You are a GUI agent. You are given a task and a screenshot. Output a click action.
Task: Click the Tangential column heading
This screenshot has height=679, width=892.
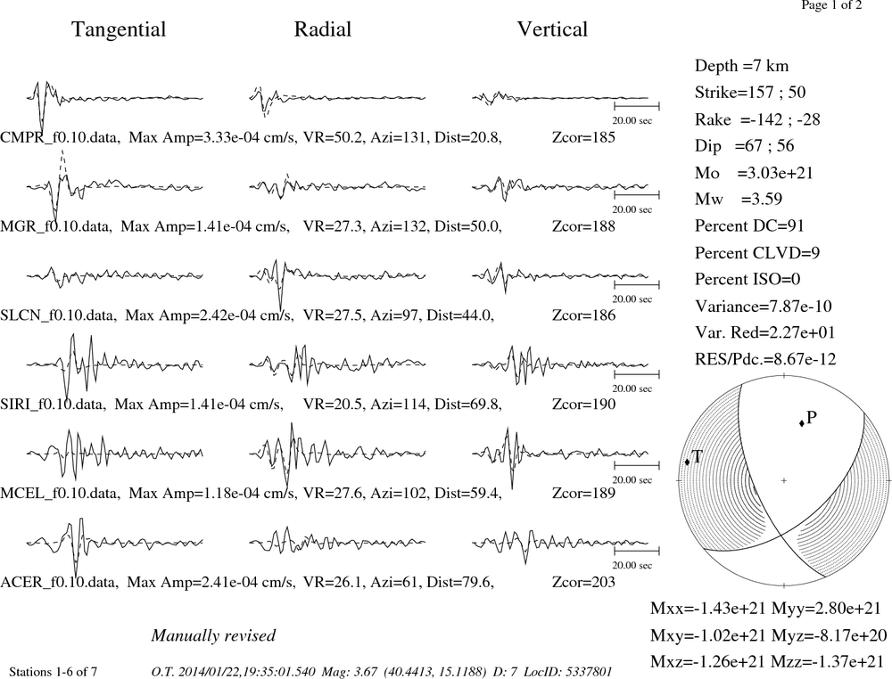[119, 29]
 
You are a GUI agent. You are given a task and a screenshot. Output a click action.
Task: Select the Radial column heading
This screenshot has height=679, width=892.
[323, 29]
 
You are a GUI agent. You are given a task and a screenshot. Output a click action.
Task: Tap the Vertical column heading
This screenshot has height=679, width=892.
[552, 29]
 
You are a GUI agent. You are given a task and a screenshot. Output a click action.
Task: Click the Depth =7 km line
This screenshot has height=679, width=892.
[741, 66]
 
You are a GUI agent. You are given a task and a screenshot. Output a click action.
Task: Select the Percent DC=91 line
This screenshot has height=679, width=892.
[749, 225]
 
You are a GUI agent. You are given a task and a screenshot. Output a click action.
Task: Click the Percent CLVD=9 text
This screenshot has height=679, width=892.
[757, 252]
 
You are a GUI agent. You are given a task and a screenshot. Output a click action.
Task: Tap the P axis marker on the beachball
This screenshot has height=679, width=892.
[802, 422]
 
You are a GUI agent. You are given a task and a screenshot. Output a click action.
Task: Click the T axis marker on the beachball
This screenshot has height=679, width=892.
[687, 462]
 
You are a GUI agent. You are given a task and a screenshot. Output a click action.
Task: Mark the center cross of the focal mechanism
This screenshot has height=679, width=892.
[784, 480]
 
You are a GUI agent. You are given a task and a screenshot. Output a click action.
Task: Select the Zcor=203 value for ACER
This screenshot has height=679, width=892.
[583, 582]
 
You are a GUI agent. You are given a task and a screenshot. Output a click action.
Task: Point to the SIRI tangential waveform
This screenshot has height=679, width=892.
[114, 364]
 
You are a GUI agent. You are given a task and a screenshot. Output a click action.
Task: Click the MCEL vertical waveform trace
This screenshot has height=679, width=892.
[560, 454]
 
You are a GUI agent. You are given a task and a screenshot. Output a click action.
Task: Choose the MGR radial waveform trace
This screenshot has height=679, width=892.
[337, 186]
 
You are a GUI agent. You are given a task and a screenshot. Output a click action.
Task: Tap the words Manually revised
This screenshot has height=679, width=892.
[213, 635]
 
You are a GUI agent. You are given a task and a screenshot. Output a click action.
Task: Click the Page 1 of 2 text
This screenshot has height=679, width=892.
[831, 5]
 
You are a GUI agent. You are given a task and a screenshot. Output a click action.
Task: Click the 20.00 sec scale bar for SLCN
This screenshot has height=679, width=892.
[637, 284]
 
